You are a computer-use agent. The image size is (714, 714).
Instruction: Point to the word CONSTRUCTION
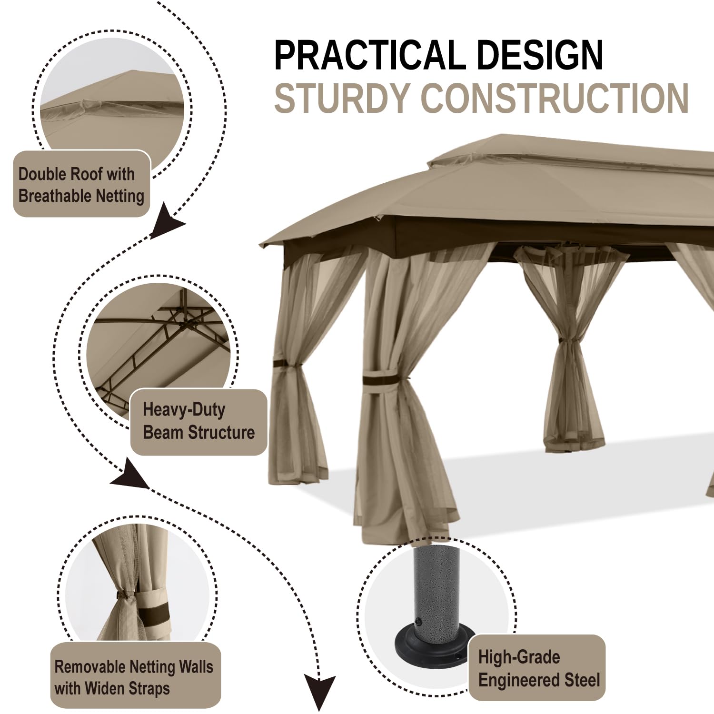pos(555,98)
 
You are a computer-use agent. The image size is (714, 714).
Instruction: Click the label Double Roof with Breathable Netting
pos(81,185)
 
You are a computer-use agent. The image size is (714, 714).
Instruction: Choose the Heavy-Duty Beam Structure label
pos(198,421)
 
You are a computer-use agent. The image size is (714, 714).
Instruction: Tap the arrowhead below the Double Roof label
pos(167,221)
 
